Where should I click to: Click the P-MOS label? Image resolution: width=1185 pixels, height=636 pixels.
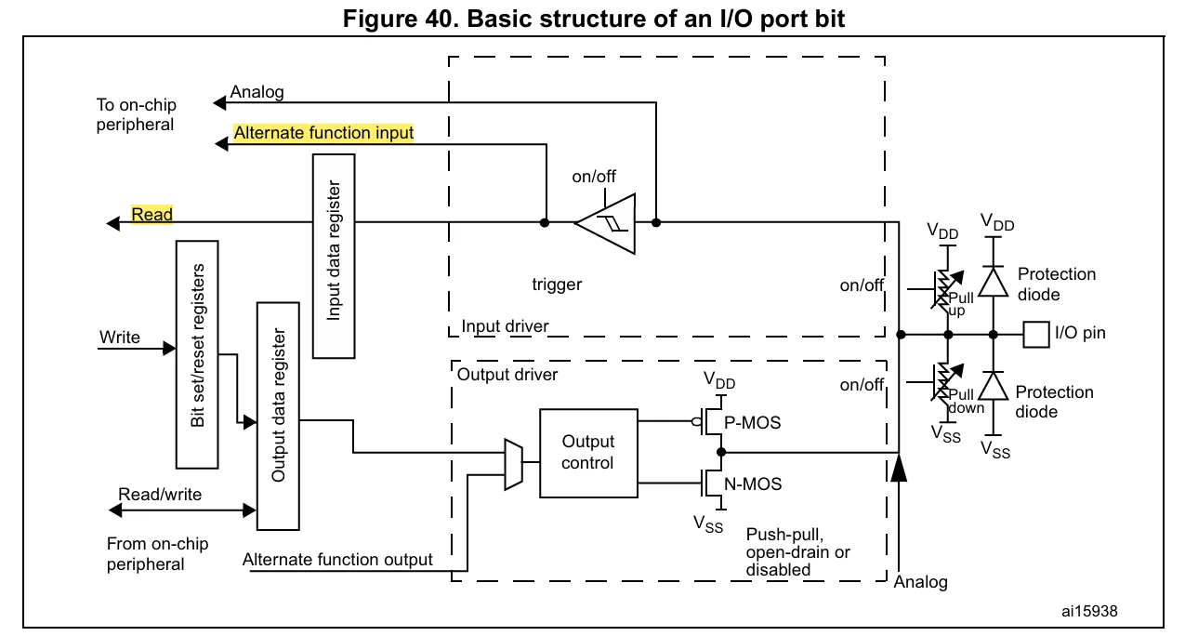752,423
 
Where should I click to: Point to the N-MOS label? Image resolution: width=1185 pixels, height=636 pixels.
753,484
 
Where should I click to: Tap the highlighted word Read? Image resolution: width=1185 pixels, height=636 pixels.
151,214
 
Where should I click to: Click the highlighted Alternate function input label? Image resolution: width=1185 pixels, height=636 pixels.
323,133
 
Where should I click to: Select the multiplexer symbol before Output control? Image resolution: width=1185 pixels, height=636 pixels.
513,464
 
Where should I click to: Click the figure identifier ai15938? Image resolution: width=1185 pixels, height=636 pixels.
1089,611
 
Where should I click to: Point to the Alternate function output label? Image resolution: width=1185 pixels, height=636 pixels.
337,559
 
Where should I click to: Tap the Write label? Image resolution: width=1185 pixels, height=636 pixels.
120,337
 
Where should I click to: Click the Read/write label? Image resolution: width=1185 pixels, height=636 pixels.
160,494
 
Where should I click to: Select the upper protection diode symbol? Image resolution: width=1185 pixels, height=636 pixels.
993,282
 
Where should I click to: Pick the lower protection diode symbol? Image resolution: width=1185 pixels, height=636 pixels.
993,386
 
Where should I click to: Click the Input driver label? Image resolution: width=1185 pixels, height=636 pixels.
505,326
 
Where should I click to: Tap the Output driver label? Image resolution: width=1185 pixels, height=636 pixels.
507,375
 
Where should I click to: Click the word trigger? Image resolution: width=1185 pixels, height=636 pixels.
557,285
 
